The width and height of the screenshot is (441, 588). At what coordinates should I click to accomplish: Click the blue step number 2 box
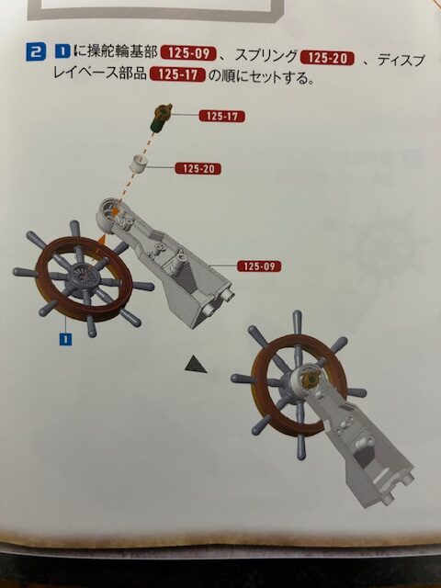[36, 52]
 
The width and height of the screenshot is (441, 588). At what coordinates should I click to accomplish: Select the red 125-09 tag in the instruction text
[188, 53]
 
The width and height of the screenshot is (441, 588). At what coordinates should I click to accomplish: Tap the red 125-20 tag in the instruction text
[328, 58]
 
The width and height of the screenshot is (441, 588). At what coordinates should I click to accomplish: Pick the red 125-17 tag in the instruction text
[177, 74]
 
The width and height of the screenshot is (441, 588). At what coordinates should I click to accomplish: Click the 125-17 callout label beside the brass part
[222, 117]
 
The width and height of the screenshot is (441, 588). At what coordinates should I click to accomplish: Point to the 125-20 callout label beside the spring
[198, 169]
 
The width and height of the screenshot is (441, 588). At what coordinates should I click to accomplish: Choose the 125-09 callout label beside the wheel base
[259, 266]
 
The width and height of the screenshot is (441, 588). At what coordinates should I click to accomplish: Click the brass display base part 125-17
[162, 118]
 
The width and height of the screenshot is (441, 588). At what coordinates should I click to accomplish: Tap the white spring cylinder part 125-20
[138, 164]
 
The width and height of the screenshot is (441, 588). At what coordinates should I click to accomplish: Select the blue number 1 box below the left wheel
[66, 339]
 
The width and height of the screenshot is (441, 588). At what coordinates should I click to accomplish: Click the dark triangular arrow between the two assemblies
[195, 366]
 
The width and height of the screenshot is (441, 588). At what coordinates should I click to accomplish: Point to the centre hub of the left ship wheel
[85, 277]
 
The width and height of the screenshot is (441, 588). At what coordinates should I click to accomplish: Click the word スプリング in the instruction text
[266, 56]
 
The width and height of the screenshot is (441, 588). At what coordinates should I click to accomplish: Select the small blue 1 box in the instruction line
[62, 51]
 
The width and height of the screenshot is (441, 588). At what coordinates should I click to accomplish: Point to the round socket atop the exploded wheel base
[111, 210]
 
